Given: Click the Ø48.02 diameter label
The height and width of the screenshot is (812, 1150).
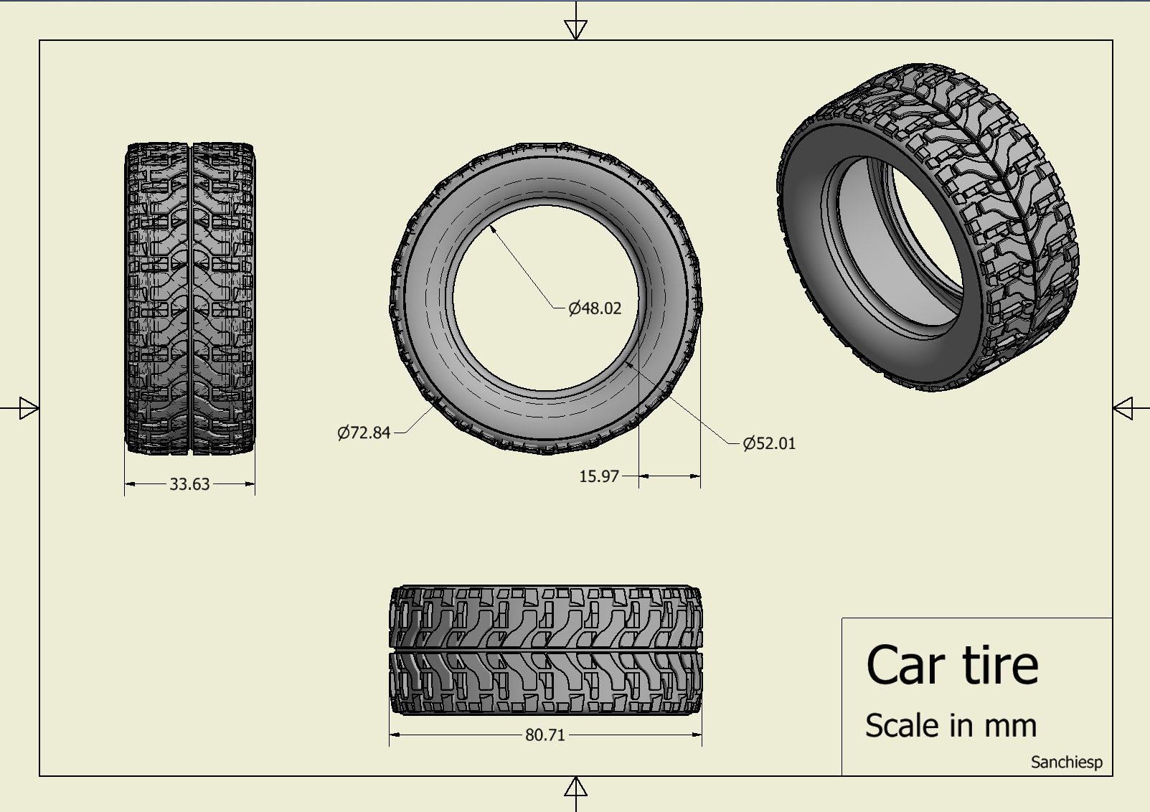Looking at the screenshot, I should pyautogui.click(x=595, y=308).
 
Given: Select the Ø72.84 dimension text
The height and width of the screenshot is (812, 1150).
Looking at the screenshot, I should pyautogui.click(x=364, y=433).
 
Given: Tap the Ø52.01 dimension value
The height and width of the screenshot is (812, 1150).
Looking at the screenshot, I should pyautogui.click(x=769, y=443).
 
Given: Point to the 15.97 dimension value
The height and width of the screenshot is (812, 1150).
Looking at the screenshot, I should pyautogui.click(x=598, y=476).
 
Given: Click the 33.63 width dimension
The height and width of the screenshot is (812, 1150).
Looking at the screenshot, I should pyautogui.click(x=189, y=484).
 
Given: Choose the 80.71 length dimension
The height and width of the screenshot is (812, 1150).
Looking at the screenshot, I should pyautogui.click(x=545, y=735).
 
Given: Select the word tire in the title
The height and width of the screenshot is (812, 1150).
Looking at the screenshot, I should pyautogui.click(x=1000, y=665).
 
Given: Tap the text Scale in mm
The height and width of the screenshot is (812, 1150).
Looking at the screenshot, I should pyautogui.click(x=951, y=725).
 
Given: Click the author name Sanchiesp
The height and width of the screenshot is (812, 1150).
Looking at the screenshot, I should pyautogui.click(x=1066, y=762).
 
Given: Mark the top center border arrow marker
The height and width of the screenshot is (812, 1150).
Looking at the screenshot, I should pyautogui.click(x=576, y=29).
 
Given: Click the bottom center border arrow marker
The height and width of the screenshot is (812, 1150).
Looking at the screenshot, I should pyautogui.click(x=576, y=788).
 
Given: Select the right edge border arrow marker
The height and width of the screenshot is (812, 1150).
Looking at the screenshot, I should pyautogui.click(x=1123, y=408).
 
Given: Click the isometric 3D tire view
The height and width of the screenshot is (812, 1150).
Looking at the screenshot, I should pyautogui.click(x=929, y=230).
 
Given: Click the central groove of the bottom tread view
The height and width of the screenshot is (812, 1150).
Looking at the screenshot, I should pyautogui.click(x=545, y=649).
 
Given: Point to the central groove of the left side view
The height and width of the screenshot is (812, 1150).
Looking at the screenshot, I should pyautogui.click(x=190, y=298).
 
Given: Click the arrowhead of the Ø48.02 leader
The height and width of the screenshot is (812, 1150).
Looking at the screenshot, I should pyautogui.click(x=494, y=228).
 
